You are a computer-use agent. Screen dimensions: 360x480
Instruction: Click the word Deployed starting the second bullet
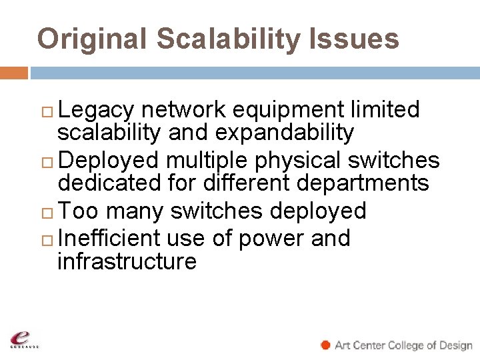click(x=109, y=161)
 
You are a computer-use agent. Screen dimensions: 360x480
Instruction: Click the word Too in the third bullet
click(x=80, y=211)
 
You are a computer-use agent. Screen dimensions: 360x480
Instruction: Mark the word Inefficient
click(x=109, y=238)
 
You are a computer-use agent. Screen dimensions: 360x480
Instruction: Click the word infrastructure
click(x=127, y=261)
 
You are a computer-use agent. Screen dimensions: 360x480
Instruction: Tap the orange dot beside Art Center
click(x=326, y=345)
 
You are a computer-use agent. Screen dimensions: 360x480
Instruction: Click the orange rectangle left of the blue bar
click(x=13, y=72)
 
